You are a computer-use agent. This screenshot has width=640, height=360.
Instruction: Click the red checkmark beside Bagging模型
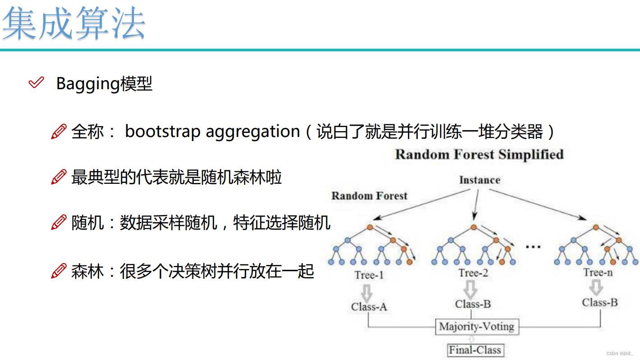36,83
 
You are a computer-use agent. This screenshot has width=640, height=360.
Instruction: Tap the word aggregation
253,132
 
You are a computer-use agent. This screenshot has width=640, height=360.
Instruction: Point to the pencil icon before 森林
59,271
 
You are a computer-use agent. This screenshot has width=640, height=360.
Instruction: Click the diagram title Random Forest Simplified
479,155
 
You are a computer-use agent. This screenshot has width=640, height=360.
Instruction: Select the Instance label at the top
480,180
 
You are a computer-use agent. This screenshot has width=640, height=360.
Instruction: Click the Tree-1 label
369,274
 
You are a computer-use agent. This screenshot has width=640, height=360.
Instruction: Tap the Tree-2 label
473,273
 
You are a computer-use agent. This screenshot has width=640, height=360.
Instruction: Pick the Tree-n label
598,272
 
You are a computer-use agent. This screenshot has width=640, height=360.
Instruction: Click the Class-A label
369,307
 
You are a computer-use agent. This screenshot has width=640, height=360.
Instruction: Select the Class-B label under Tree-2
473,304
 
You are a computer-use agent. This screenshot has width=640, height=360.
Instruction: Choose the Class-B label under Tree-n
599,302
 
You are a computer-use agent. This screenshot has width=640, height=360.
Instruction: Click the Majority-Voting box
477,327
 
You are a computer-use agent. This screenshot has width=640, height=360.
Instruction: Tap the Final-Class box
475,350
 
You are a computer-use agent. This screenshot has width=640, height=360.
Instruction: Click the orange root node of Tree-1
370,227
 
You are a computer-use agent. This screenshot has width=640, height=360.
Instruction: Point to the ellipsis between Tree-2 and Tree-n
533,246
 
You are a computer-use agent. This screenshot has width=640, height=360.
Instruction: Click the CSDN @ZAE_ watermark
620,354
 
